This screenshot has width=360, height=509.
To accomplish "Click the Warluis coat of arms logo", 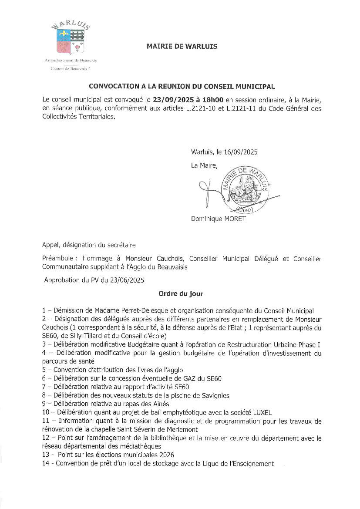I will point(70,40).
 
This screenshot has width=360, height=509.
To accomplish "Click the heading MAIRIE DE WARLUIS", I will point(182,46).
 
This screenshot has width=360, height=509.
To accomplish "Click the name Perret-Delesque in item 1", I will point(128,310).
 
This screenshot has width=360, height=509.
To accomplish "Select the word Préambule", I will point(58,259).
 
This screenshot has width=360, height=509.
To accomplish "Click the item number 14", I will point(46,463).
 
